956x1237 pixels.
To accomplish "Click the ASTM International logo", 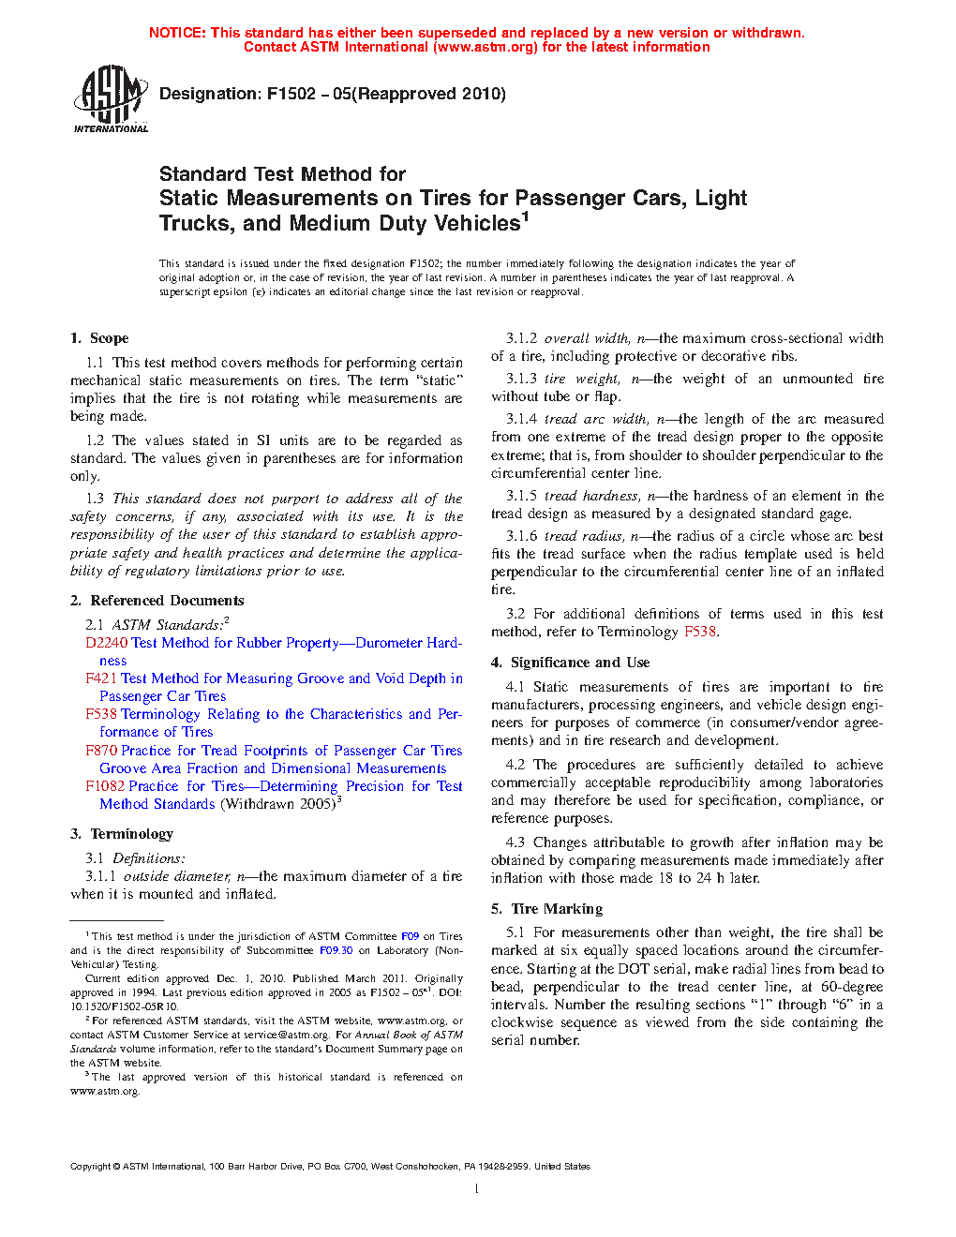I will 111,98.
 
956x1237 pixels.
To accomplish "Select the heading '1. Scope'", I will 99,338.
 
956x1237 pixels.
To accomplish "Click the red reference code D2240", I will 106,643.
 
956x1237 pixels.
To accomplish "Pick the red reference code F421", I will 101,678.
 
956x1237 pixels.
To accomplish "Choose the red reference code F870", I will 101,751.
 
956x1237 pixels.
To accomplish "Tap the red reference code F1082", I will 105,786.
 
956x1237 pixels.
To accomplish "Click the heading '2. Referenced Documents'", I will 157,601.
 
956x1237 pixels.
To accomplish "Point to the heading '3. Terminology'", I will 122,834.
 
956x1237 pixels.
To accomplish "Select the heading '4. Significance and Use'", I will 571,663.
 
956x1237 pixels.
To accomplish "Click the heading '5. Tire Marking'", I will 547,909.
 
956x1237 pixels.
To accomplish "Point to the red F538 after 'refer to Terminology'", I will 700,632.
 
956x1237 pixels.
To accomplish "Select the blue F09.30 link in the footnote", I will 336,950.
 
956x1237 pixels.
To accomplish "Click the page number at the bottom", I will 477,1189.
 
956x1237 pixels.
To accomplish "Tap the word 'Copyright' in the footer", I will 91,1167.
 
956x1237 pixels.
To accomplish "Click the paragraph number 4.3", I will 515,842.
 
